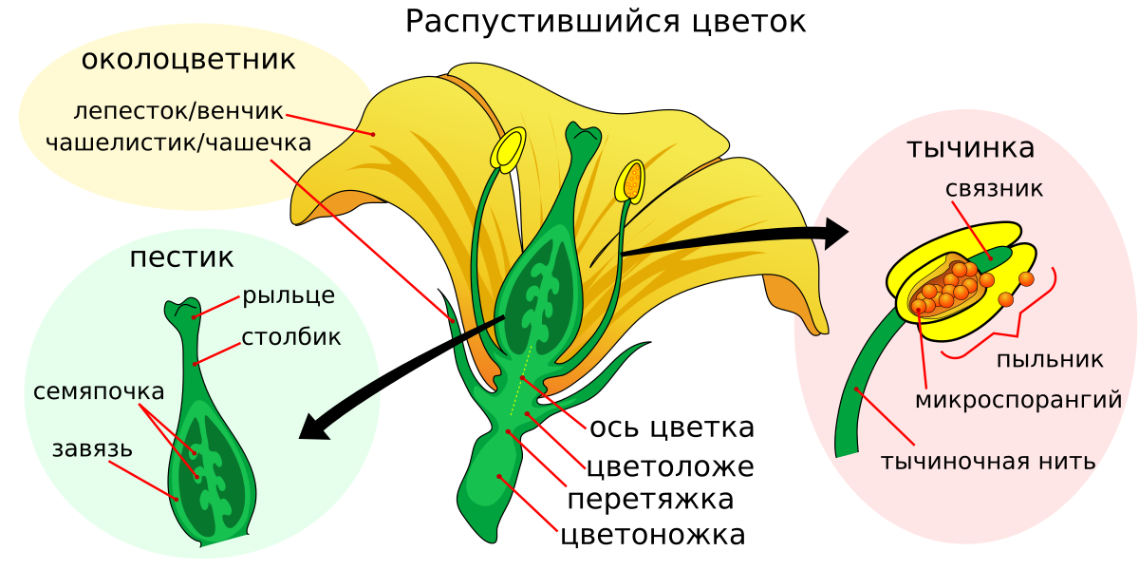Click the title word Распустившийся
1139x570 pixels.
[x=542, y=23]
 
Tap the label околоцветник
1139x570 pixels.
[x=188, y=60]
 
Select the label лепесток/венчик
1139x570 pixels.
[x=178, y=111]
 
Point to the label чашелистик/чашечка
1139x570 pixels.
[x=178, y=142]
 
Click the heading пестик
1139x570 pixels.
[x=181, y=257]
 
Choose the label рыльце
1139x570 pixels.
[x=289, y=295]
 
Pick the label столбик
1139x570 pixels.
[x=290, y=337]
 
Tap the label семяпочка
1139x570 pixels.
[x=99, y=391]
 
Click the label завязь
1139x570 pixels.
[x=92, y=449]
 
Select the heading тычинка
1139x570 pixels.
[x=971, y=147]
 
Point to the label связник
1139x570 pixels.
[x=994, y=189]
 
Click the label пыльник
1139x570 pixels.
[x=1050, y=360]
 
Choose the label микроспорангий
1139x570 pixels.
[x=1018, y=400]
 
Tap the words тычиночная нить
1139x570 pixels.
[x=988, y=461]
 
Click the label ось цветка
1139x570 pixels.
[x=672, y=427]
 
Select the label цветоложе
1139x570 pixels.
[x=670, y=466]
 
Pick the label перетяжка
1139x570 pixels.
[x=650, y=500]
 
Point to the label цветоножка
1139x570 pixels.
[x=653, y=535]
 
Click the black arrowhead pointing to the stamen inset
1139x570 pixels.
[x=835, y=234]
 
